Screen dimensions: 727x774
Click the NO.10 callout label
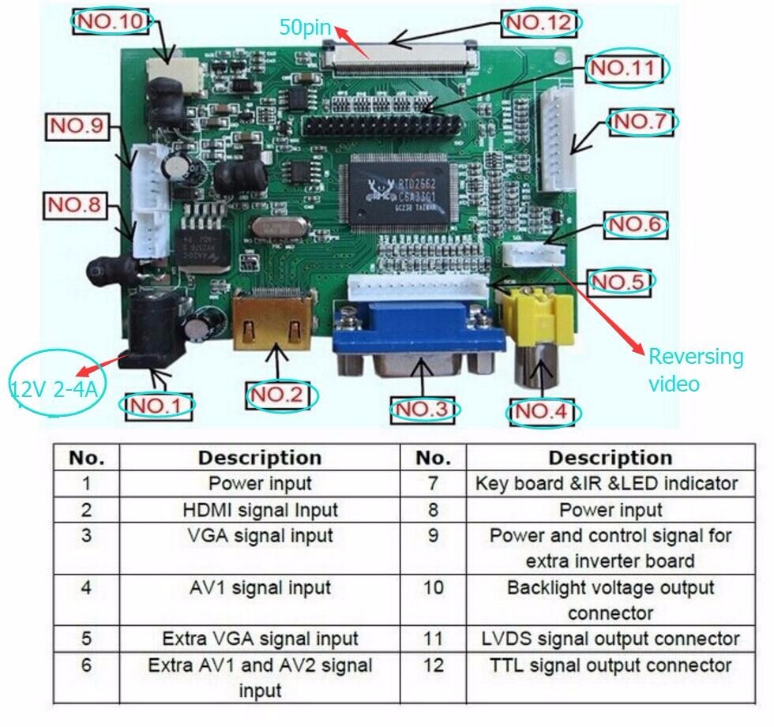click(110, 21)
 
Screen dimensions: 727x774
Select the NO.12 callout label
click(542, 23)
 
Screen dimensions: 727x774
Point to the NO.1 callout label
click(156, 405)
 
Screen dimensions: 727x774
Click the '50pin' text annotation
click(305, 26)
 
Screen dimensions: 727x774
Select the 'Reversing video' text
click(695, 369)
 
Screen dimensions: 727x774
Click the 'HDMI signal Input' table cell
click(260, 510)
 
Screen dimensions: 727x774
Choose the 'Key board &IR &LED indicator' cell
click(607, 483)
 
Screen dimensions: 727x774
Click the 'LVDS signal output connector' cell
click(611, 638)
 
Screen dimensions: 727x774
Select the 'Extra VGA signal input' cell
click(260, 638)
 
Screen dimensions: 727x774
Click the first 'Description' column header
click(260, 458)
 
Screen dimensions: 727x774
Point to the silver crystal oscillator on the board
click(277, 229)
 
